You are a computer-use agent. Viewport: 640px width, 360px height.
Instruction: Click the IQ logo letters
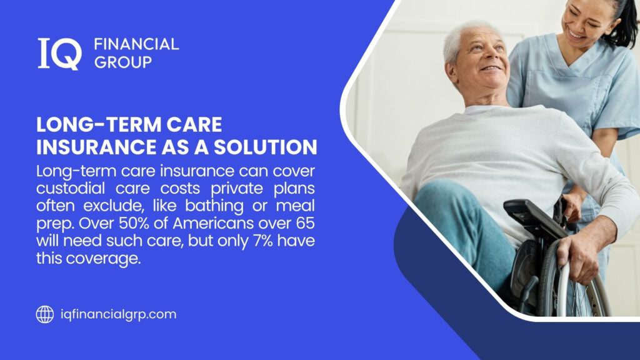(59, 53)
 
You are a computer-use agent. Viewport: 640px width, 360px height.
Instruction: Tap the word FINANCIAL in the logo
(136, 44)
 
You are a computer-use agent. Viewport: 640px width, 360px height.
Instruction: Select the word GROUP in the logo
(122, 62)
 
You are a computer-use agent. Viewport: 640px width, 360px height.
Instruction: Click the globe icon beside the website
(44, 314)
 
